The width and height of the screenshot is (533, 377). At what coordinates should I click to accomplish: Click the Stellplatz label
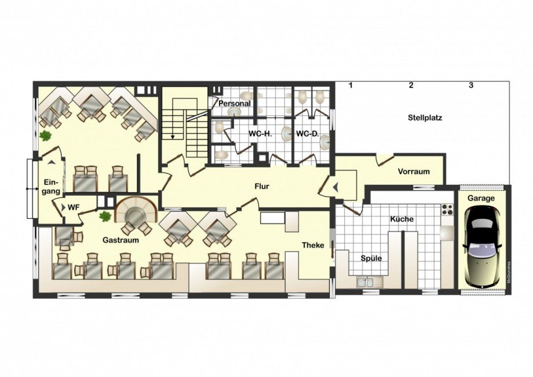(425, 118)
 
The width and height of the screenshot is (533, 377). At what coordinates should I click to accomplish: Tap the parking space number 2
(411, 85)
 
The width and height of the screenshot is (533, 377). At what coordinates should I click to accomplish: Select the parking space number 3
(471, 85)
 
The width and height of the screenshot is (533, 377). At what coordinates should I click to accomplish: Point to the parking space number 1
(351, 85)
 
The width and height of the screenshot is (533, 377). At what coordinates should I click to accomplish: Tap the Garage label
(481, 199)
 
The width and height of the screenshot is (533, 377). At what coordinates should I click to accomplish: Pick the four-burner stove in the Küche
(447, 210)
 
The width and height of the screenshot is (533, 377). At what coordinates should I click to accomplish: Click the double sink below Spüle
(370, 281)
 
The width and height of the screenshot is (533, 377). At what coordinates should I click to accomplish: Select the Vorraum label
(414, 171)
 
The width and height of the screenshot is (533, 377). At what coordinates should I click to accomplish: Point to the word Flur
(262, 186)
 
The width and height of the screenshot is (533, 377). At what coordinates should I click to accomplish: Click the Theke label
(313, 245)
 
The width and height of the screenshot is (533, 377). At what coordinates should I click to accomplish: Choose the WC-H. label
(260, 134)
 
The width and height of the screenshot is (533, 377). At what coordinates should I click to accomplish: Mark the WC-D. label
(307, 134)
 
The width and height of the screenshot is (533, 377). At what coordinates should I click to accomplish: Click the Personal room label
(234, 103)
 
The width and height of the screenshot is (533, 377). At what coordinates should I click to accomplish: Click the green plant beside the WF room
(105, 216)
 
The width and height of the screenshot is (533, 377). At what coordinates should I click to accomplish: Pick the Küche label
(402, 219)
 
